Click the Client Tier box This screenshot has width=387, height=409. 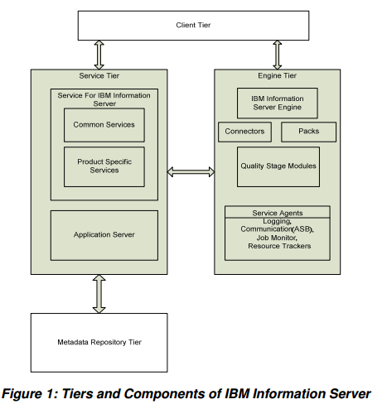[192, 26]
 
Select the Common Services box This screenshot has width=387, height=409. [104, 125]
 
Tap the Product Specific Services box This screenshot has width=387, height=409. [104, 166]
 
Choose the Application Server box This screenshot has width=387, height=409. [104, 235]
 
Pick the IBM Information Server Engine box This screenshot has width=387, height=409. [277, 103]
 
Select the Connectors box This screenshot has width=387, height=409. [244, 132]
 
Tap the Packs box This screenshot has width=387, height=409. [308, 132]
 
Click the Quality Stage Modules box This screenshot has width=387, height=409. [278, 166]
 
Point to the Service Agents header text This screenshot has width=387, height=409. [277, 213]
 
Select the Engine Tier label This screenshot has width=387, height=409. [278, 76]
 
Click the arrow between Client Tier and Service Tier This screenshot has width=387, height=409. [99, 55]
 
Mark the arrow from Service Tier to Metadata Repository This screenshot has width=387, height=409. [99, 293]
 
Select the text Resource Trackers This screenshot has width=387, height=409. [278, 247]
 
